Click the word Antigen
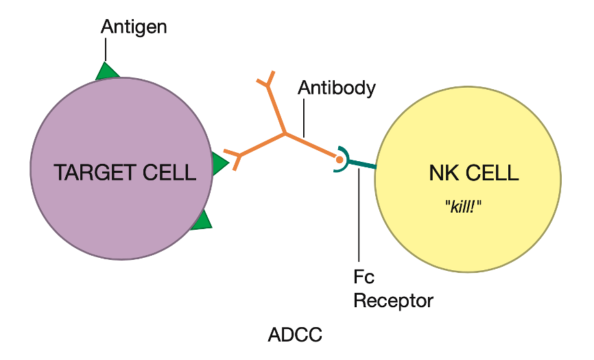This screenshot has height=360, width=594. [x=134, y=27]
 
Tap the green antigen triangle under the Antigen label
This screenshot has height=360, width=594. [x=106, y=71]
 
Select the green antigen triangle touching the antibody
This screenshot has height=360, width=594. [x=219, y=164]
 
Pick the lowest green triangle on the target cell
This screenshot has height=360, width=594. [x=202, y=220]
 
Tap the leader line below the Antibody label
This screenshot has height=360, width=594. [x=302, y=117]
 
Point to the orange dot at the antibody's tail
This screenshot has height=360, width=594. [x=339, y=159]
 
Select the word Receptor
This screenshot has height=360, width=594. [x=394, y=300]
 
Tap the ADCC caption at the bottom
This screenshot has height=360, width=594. [x=295, y=335]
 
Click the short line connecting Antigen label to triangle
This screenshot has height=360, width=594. [x=106, y=49]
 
